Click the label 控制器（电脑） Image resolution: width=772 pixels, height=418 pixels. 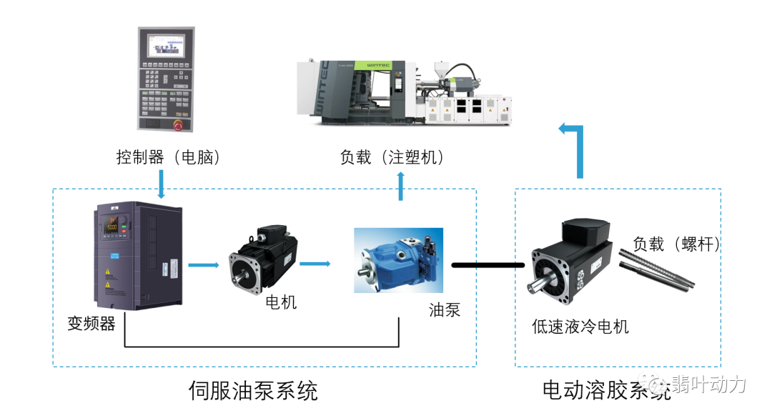[x=169, y=156]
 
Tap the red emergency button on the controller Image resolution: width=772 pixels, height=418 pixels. [x=178, y=125]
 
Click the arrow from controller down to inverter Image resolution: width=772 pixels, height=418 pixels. [x=162, y=184]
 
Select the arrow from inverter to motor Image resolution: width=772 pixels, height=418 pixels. [x=203, y=265]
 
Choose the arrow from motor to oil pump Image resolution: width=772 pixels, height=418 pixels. [x=315, y=264]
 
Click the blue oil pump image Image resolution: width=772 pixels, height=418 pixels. [x=399, y=260]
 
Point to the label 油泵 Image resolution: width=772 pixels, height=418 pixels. [x=444, y=309]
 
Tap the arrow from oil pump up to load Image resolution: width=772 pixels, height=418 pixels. [x=400, y=187]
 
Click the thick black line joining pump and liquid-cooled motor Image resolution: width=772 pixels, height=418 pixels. [x=488, y=265]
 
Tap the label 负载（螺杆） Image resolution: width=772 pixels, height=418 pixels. [x=676, y=244]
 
